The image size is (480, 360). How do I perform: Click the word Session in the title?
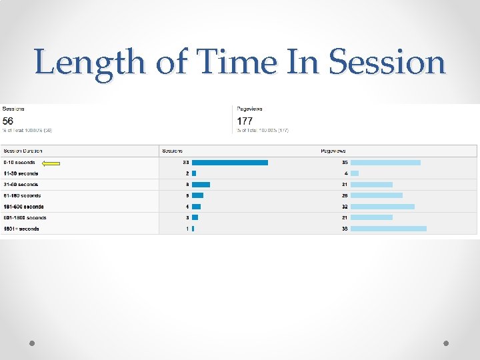(x=387, y=63)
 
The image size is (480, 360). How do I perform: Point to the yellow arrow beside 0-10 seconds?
(x=51, y=163)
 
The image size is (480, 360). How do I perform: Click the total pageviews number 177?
(x=245, y=121)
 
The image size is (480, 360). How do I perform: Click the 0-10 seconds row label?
(x=19, y=163)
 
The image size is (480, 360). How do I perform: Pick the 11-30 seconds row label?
(x=21, y=173)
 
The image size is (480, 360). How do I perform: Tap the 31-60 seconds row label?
(x=21, y=185)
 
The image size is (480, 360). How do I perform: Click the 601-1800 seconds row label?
(x=24, y=217)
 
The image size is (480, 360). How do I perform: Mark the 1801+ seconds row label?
(x=21, y=229)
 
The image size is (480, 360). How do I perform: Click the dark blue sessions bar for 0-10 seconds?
(x=229, y=163)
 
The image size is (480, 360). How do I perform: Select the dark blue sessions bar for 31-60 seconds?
(x=201, y=185)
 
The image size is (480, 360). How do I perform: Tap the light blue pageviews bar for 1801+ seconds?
(x=388, y=229)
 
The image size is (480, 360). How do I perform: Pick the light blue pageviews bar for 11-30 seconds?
(x=355, y=173)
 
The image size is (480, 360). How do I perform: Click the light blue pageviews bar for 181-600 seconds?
(x=382, y=207)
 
